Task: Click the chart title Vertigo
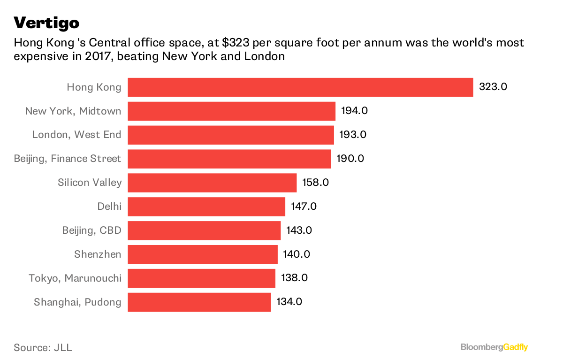pos(46,22)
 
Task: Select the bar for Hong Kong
pos(300,87)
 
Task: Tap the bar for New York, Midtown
pos(231,111)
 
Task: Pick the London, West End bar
pos(230,135)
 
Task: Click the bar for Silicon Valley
pos(212,183)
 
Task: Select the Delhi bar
pos(206,207)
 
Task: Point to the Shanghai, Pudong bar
pos(199,302)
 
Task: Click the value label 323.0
pos(493,87)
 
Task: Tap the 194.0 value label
pos(355,111)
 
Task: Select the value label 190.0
pos(350,159)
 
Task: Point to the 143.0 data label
pos(299,230)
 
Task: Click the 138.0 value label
pos(294,278)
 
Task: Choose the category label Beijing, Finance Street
pos(68,159)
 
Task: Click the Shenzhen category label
pos(98,254)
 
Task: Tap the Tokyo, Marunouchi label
pos(75,278)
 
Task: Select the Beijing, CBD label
pos(92,230)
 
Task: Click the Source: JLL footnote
pos(43,348)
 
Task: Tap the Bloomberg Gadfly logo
pos(494,347)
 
